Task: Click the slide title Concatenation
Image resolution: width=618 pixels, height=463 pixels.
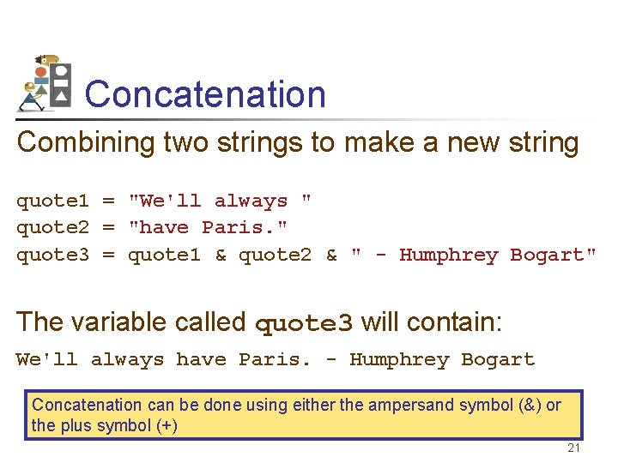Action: tap(205, 94)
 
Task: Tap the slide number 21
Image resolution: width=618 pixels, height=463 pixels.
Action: tap(574, 448)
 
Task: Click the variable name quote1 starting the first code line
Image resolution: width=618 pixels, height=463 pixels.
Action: tap(52, 201)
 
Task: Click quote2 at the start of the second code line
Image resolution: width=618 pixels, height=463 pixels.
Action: tap(52, 228)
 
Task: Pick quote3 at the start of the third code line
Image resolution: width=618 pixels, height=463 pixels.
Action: tap(52, 256)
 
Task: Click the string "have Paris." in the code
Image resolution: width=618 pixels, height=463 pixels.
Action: tap(208, 228)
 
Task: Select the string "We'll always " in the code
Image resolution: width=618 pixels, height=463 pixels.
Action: tap(220, 201)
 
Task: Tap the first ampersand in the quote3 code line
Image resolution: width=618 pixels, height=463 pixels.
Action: tap(221, 256)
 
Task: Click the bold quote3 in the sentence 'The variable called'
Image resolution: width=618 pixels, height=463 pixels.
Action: tap(305, 323)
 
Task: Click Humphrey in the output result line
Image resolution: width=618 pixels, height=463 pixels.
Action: tap(399, 360)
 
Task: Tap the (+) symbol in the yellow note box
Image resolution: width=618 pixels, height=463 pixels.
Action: tap(163, 426)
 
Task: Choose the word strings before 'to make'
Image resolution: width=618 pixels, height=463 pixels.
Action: tap(257, 142)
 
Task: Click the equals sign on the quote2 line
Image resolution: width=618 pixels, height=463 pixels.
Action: tap(109, 228)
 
